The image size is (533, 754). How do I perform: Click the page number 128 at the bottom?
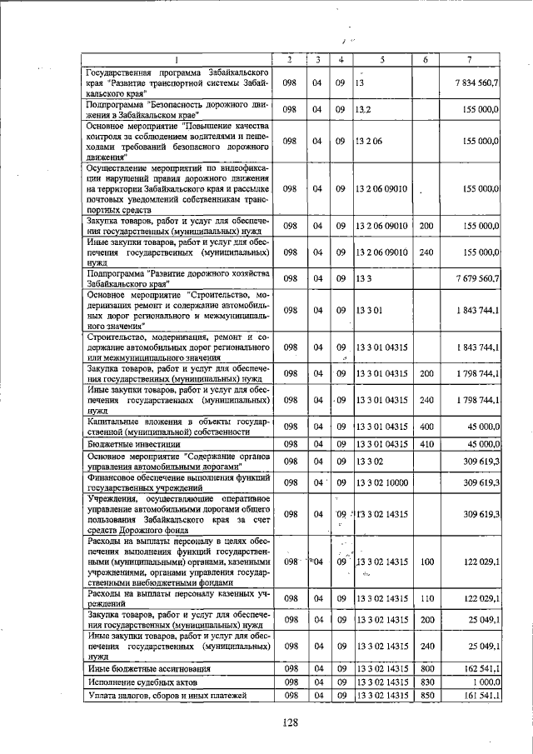(289, 722)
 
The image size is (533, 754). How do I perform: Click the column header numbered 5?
(382, 60)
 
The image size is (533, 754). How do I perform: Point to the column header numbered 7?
(471, 60)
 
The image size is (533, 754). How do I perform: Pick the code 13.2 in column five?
(363, 109)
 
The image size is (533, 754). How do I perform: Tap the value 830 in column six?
(426, 682)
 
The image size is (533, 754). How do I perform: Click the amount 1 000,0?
(485, 682)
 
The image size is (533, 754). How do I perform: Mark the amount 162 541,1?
(479, 668)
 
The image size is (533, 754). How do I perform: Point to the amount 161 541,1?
(479, 695)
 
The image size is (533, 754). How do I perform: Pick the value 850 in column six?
(426, 695)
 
